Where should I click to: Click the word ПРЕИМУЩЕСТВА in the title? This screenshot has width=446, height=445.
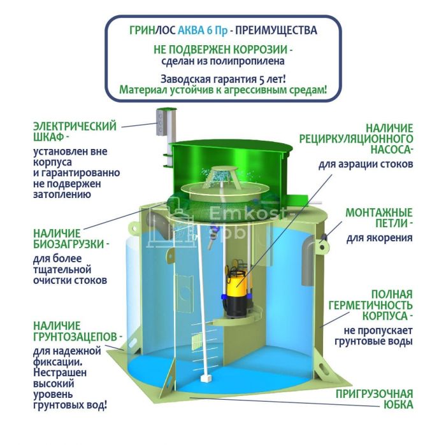point(276,31)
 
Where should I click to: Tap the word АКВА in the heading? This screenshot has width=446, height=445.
point(191,31)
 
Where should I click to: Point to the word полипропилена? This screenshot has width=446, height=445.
point(247,61)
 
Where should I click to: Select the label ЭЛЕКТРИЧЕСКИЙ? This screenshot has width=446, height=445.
point(75,126)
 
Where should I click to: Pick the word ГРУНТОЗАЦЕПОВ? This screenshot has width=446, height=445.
point(75,337)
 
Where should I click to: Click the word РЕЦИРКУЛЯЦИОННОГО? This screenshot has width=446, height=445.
point(356,139)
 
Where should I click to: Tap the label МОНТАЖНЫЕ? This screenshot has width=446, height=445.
point(379,213)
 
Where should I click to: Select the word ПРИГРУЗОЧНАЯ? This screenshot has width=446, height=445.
point(375,395)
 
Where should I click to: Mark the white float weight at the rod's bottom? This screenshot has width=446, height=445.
point(205,379)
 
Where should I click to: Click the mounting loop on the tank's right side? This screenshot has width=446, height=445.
point(322,246)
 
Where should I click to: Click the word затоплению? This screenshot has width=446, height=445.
point(62,195)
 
